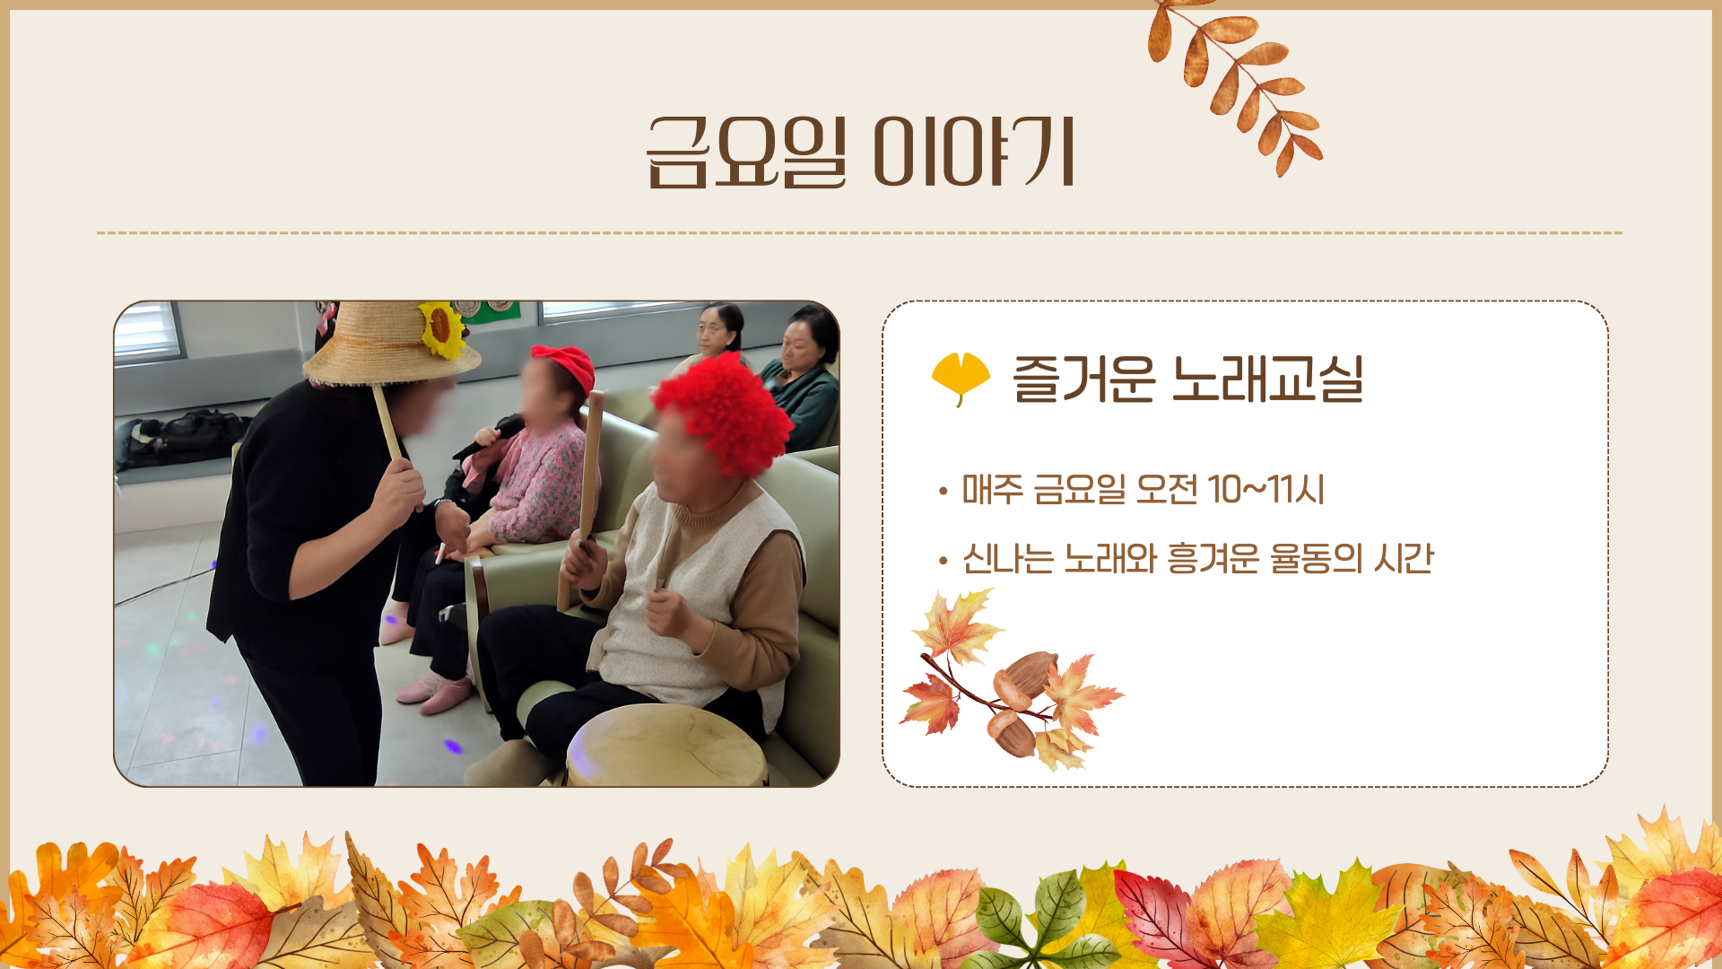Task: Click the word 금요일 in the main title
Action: pyautogui.click(x=746, y=153)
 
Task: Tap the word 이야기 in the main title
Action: pyautogui.click(x=974, y=153)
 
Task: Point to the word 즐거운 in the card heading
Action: pyautogui.click(x=1083, y=379)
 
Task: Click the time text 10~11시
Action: pyautogui.click(x=1265, y=490)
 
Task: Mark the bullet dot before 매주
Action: pyautogui.click(x=943, y=492)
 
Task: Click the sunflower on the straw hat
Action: pyautogui.click(x=441, y=327)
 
